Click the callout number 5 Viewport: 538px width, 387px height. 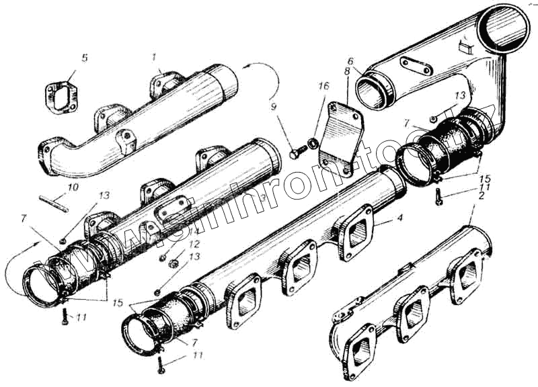point(84,58)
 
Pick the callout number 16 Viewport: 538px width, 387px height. point(324,87)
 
